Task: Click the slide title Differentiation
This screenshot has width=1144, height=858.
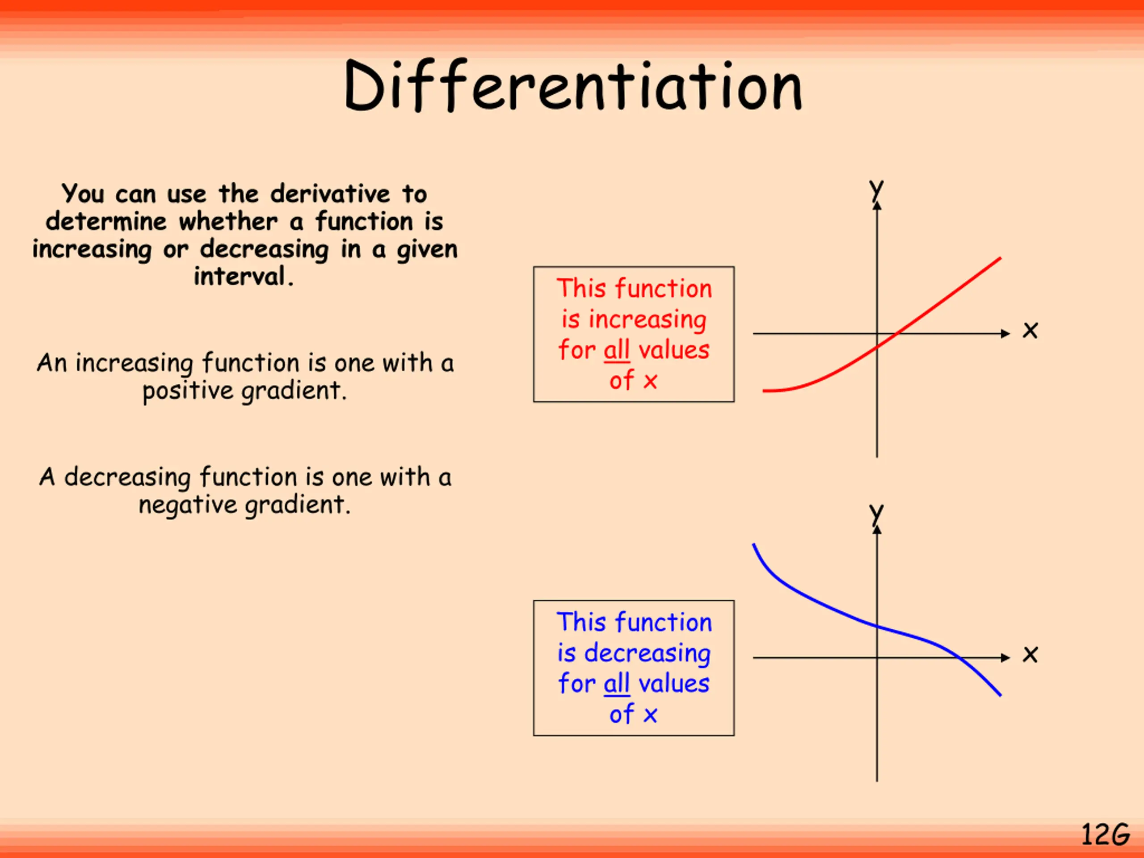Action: point(572,86)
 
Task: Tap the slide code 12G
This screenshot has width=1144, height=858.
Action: point(1105,834)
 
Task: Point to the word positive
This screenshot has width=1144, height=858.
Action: point(187,391)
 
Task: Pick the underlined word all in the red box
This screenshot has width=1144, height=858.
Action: point(617,350)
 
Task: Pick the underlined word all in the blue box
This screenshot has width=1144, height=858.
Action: point(617,684)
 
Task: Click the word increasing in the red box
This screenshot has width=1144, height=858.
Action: point(647,320)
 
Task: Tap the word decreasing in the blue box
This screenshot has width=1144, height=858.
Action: point(647,653)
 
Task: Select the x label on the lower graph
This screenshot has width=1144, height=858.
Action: point(1030,655)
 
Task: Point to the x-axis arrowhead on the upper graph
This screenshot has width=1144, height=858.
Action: point(1005,333)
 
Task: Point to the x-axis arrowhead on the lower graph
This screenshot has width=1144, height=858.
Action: point(1005,658)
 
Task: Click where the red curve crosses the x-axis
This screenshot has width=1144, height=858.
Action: point(897,333)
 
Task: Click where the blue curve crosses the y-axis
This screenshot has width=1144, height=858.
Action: point(877,627)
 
